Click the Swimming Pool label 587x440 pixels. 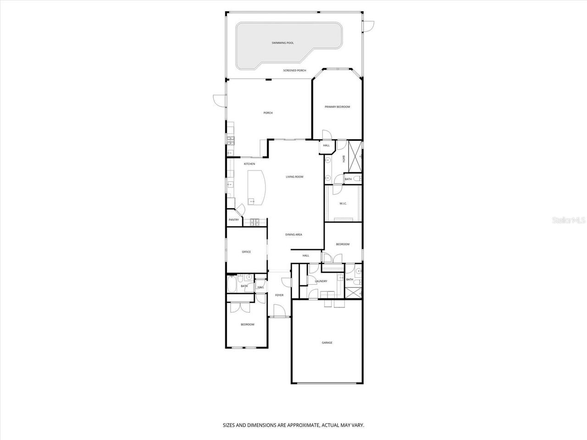282,43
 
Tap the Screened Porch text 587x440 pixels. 294,71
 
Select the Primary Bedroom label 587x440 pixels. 337,107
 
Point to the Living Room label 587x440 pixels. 294,177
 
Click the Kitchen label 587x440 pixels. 249,164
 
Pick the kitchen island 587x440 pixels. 256,187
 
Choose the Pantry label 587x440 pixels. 233,220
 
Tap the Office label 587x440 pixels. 246,252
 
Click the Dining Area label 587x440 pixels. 293,235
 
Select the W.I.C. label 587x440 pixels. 343,203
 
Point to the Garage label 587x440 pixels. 327,342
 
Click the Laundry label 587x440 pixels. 321,281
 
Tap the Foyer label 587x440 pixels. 279,295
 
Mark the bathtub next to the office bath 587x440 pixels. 231,285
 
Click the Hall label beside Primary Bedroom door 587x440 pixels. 326,145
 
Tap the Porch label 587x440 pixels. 268,113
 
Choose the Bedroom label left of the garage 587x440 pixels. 247,324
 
